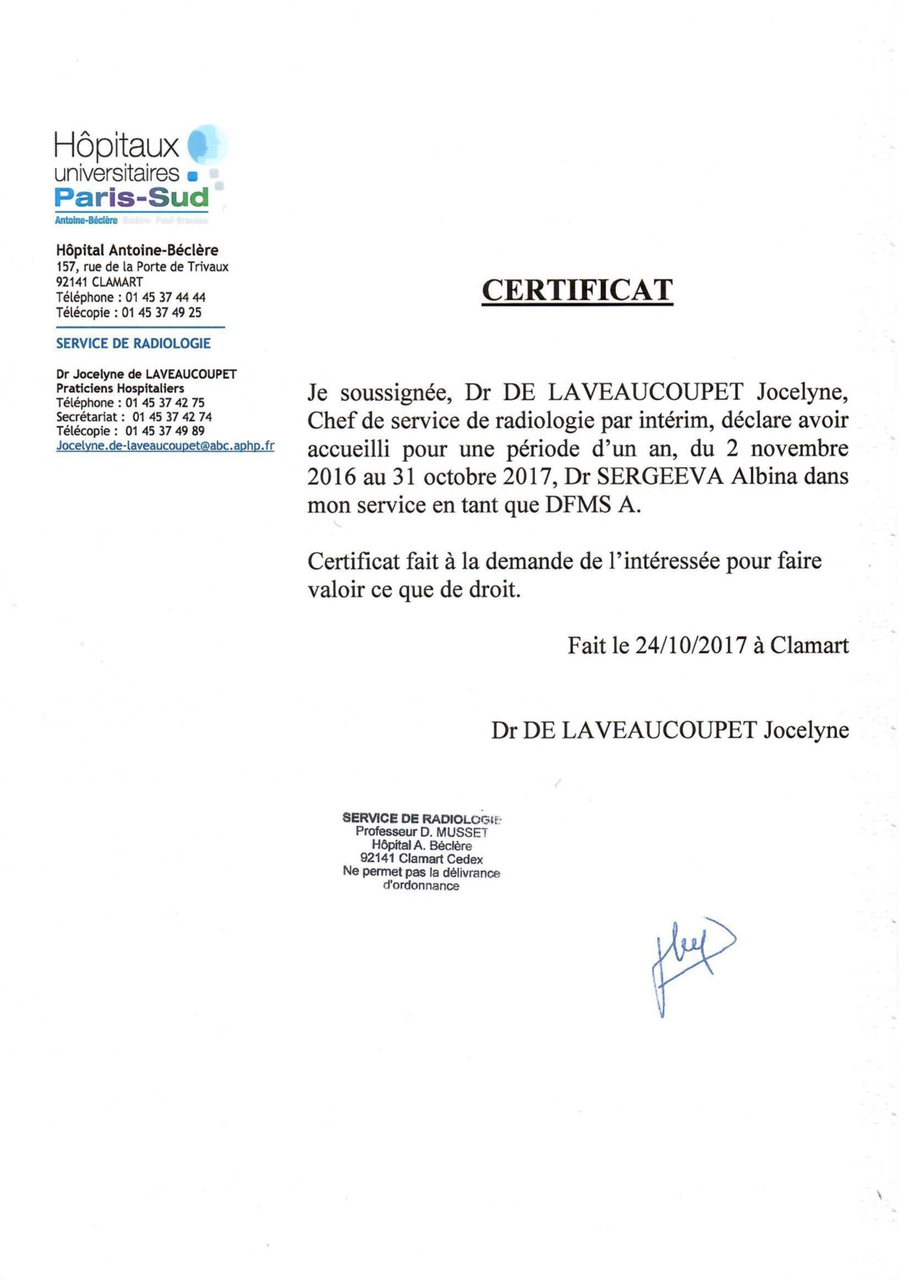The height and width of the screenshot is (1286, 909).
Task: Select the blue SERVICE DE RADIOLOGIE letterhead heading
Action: coord(133,343)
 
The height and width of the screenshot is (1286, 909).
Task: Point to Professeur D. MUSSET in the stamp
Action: coord(421,832)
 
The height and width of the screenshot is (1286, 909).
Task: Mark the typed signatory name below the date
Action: coord(670,730)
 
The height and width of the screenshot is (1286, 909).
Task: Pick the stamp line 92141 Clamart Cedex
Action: coord(421,859)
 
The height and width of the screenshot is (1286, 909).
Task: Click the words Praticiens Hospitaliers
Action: coord(120,388)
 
